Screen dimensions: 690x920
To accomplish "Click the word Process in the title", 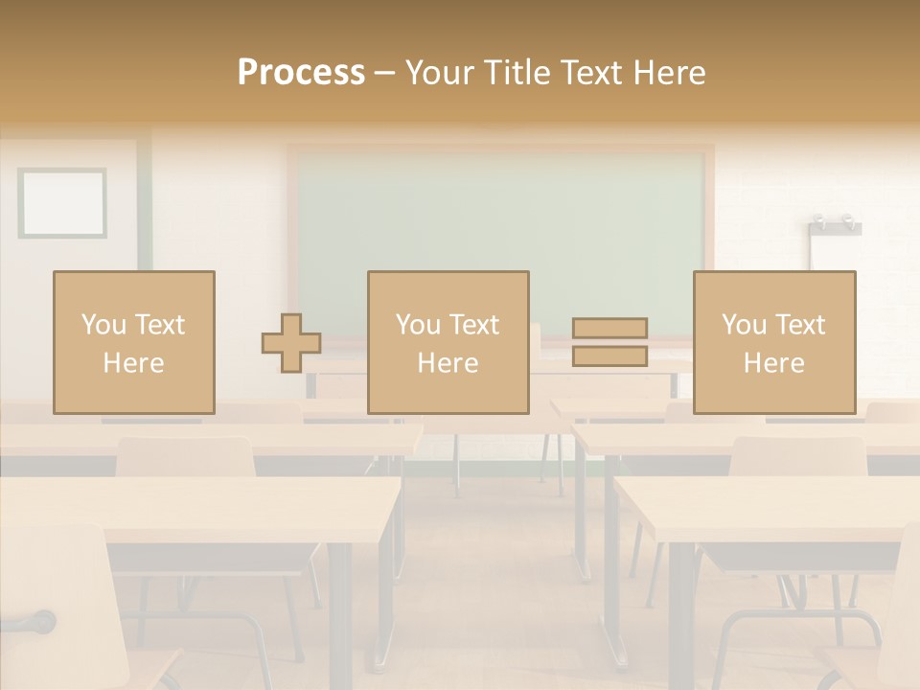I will pos(301,73).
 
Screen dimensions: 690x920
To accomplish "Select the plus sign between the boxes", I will pos(291,343).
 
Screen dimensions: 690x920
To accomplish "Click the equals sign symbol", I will pos(609,342).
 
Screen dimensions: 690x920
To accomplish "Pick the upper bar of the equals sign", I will pos(609,329).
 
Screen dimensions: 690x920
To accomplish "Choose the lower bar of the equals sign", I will pos(609,356).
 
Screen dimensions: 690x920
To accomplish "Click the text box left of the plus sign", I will pos(133,343).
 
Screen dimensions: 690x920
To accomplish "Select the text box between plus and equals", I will pos(448,343).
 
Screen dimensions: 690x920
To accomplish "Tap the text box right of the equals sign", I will pos(773,343).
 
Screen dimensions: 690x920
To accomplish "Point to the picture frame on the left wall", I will pos(62,203).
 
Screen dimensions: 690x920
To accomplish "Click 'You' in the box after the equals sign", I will pos(744,325).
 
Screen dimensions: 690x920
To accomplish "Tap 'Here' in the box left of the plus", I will pos(133,363).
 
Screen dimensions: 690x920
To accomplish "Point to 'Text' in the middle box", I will pos(474,325).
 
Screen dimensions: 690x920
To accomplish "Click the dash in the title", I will pos(385,73).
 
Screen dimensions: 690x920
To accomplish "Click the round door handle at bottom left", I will pos(42,623).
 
